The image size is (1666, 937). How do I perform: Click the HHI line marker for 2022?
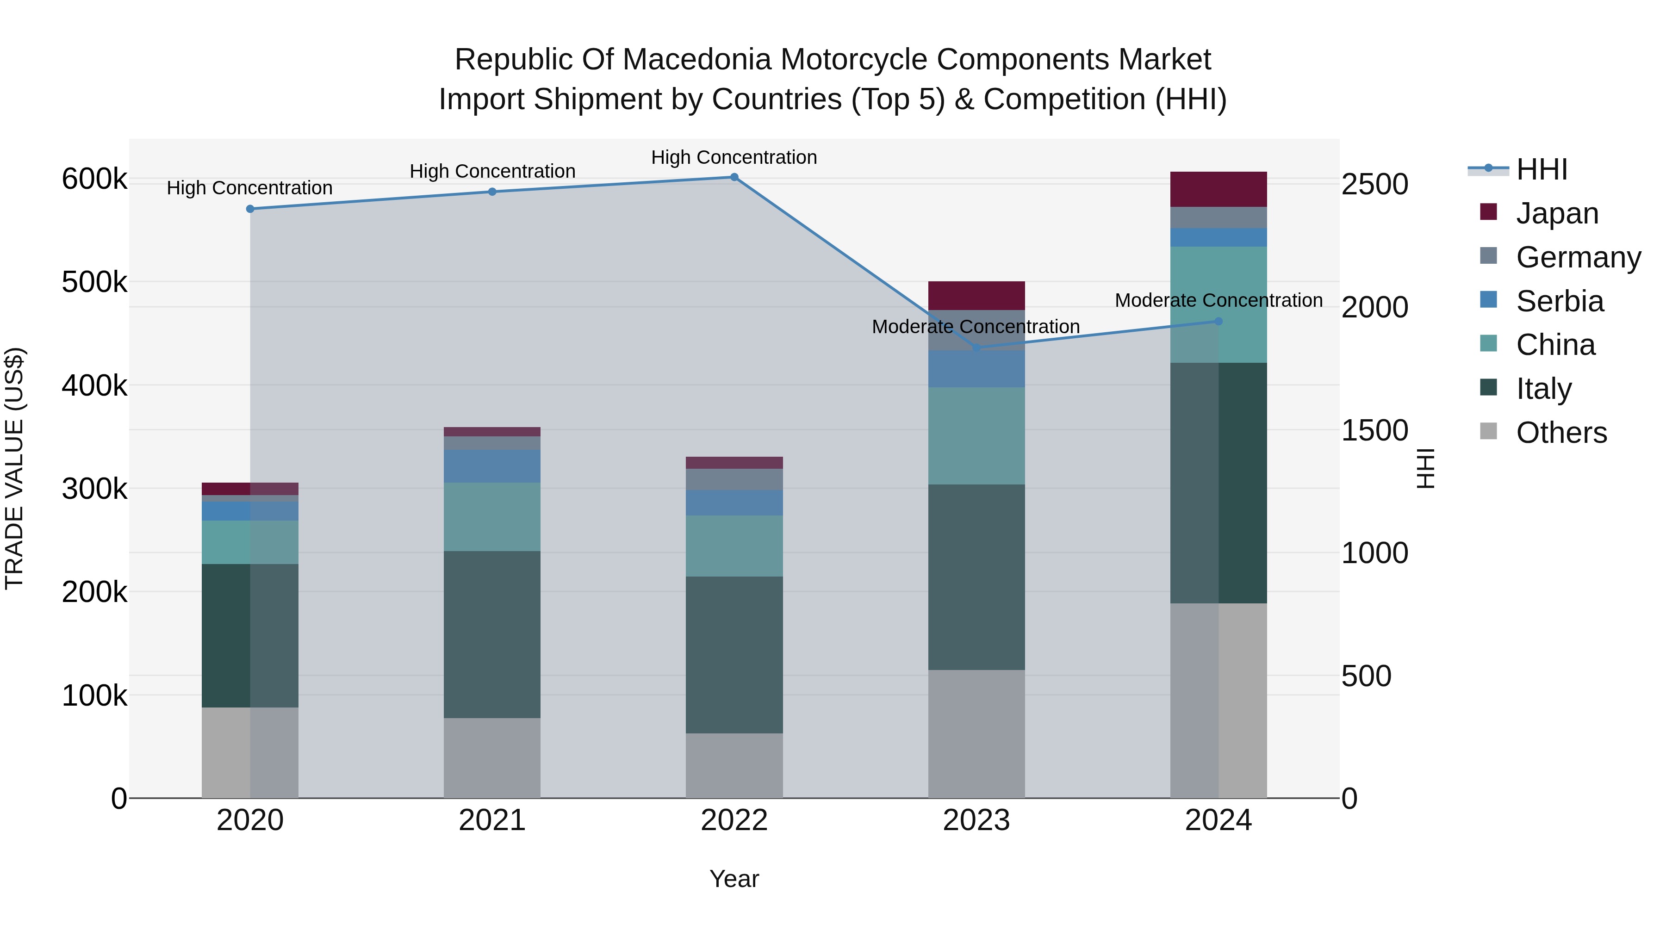(x=734, y=177)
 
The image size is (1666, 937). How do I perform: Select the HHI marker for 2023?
(x=976, y=348)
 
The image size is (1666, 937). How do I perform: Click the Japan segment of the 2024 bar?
(x=1218, y=189)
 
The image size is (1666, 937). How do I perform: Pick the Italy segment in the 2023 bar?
(x=976, y=577)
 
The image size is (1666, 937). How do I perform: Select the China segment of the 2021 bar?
(x=492, y=517)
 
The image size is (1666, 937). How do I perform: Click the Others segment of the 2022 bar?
(x=734, y=766)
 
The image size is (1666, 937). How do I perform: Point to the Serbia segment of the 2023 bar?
(x=976, y=369)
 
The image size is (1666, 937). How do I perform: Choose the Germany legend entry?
(x=1578, y=257)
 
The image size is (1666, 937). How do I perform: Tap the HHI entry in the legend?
(x=1541, y=169)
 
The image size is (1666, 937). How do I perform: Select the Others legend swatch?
(x=1488, y=431)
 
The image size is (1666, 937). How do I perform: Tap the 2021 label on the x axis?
(x=492, y=820)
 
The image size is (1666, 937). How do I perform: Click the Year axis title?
(x=734, y=879)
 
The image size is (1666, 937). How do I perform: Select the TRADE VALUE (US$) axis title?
(x=15, y=468)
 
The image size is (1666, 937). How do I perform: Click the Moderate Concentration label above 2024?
(x=1218, y=301)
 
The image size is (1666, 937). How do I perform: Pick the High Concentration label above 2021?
(x=492, y=171)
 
